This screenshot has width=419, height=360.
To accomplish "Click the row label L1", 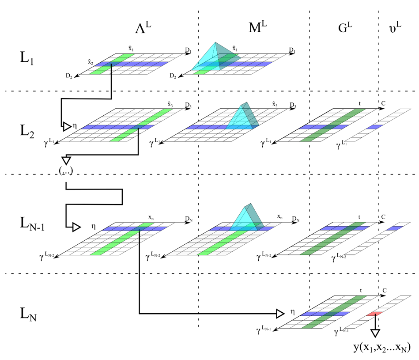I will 27,59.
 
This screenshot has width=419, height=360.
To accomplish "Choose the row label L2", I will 27,131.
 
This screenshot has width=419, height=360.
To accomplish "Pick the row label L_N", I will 29,314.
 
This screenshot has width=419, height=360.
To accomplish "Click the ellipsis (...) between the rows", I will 65,171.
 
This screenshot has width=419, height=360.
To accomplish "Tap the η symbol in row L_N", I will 292,311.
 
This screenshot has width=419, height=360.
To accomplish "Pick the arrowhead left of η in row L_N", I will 279,314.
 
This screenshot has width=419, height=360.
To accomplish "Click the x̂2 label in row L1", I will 90,62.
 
